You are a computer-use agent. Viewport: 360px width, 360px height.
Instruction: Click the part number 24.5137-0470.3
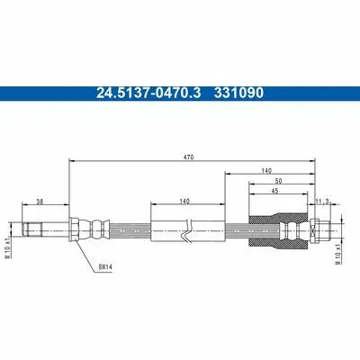pyautogui.click(x=148, y=93)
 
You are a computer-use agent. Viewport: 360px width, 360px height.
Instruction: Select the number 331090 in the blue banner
pyautogui.click(x=238, y=93)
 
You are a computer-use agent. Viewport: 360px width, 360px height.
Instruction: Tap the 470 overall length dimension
pyautogui.click(x=190, y=157)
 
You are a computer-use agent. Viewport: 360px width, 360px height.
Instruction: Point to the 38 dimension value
pyautogui.click(x=40, y=202)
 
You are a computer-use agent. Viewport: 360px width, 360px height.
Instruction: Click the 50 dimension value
pyautogui.click(x=278, y=181)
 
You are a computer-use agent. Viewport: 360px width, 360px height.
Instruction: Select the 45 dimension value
pyautogui.click(x=274, y=191)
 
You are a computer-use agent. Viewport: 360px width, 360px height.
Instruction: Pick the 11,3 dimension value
pyautogui.click(x=322, y=202)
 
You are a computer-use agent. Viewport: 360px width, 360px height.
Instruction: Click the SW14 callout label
pyautogui.click(x=105, y=266)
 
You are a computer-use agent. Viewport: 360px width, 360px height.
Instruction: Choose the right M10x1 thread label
pyautogui.click(x=337, y=253)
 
